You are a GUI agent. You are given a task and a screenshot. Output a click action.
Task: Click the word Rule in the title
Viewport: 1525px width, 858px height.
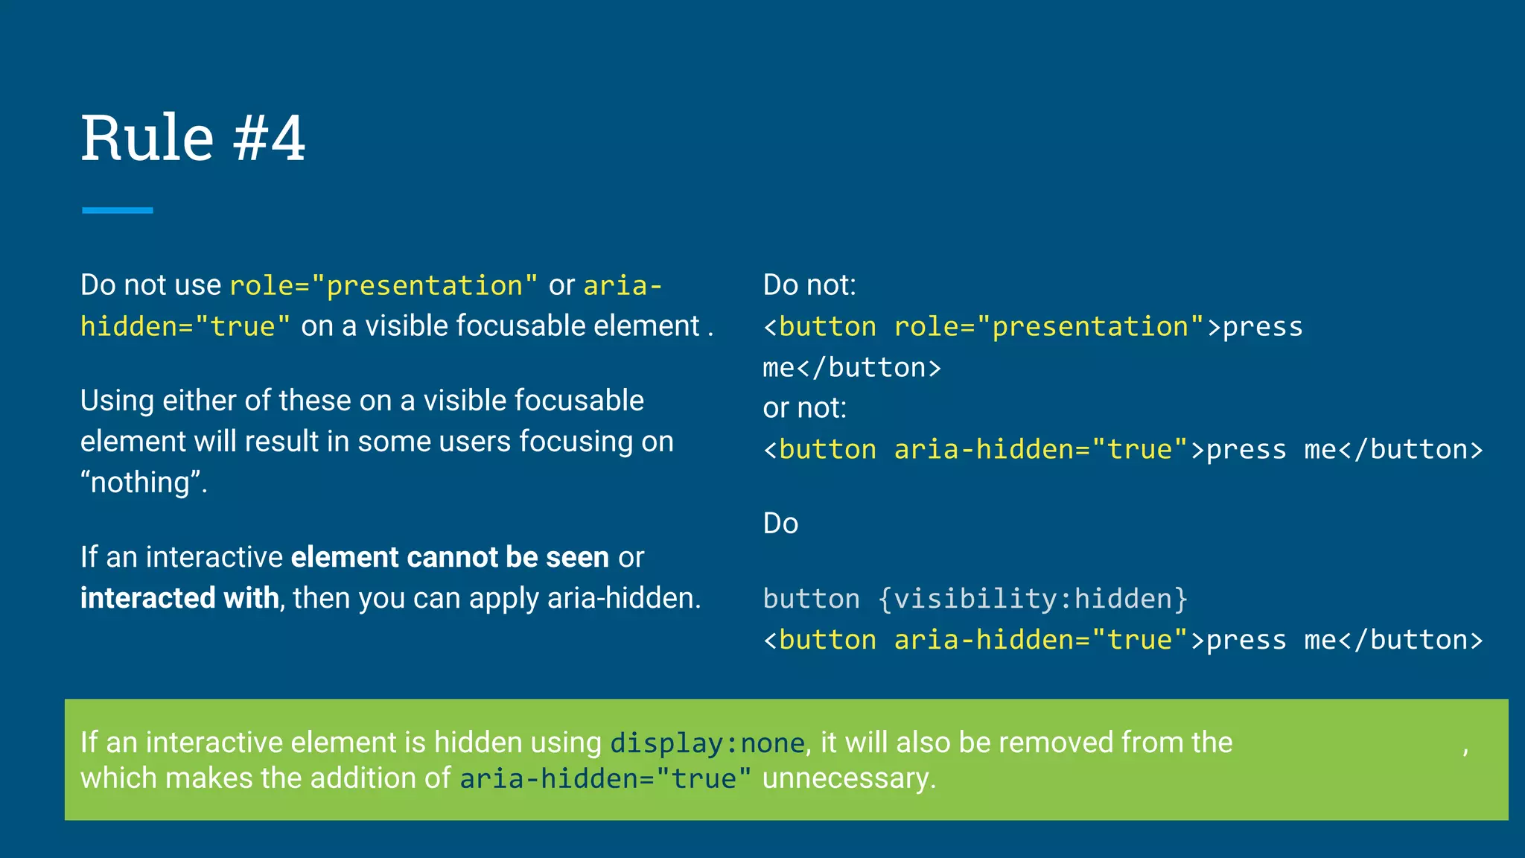(x=147, y=139)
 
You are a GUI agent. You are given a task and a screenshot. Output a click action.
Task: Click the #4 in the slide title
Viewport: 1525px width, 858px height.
(x=269, y=139)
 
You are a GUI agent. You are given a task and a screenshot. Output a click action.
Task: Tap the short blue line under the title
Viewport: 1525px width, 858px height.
(x=118, y=211)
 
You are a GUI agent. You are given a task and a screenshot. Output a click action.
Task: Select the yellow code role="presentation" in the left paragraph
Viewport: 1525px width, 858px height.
(x=383, y=286)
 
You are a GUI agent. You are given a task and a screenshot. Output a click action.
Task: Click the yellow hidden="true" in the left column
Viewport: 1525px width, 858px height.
(x=185, y=327)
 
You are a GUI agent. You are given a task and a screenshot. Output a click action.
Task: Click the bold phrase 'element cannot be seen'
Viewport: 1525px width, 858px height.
(x=450, y=558)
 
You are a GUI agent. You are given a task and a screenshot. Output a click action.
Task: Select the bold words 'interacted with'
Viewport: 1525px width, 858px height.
(x=179, y=599)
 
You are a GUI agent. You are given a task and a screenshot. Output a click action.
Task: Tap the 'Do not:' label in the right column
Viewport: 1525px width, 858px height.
(x=809, y=285)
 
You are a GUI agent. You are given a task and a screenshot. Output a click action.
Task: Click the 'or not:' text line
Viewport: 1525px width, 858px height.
(x=804, y=408)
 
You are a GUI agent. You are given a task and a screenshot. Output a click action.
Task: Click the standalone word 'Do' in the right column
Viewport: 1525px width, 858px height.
(x=780, y=524)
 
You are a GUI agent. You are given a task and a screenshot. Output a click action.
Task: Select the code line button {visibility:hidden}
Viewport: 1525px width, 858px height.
(x=975, y=599)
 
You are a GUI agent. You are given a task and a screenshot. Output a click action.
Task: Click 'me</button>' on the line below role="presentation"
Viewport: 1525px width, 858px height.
(x=851, y=368)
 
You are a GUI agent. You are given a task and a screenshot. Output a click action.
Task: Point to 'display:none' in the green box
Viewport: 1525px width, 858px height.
(x=707, y=743)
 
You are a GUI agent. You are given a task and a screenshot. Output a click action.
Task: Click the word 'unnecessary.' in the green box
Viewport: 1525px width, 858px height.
(x=849, y=779)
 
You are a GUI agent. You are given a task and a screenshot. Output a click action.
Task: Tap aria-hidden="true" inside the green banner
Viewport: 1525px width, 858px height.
(x=605, y=779)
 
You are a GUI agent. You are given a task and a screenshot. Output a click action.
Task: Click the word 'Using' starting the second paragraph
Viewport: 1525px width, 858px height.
(x=117, y=401)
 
